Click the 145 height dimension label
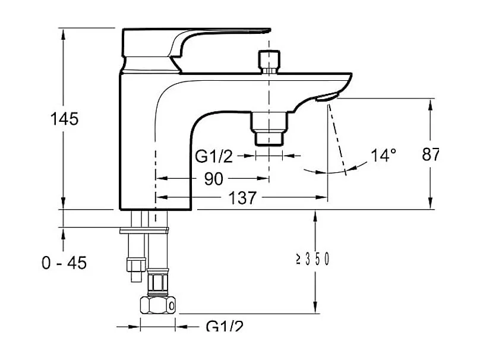pyautogui.click(x=64, y=119)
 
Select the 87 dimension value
pyautogui.click(x=431, y=154)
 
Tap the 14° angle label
pyautogui.click(x=384, y=155)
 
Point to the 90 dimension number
pyautogui.click(x=214, y=179)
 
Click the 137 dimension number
pyautogui.click(x=242, y=198)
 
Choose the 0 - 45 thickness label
pyautogui.click(x=64, y=263)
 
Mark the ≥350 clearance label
pyautogui.click(x=312, y=259)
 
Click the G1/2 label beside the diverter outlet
pyautogui.click(x=214, y=156)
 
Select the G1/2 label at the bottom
pyautogui.click(x=225, y=326)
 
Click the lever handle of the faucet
pyautogui.click(x=196, y=43)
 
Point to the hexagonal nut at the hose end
pyautogui.click(x=158, y=305)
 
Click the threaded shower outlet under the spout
pyautogui.click(x=269, y=128)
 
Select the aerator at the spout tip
pyautogui.click(x=327, y=97)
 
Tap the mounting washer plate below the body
pyautogui.click(x=144, y=230)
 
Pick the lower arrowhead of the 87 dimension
pyautogui.click(x=431, y=203)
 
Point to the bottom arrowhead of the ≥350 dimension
pyautogui.click(x=315, y=308)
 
